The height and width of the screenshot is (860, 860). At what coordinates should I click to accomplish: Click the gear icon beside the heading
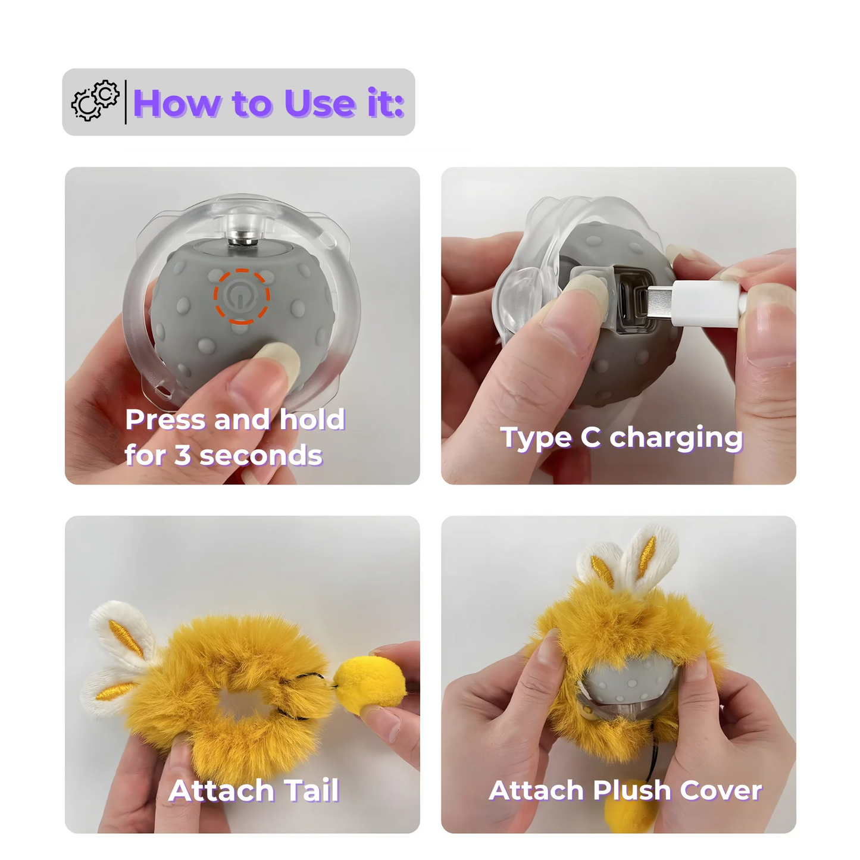(x=95, y=101)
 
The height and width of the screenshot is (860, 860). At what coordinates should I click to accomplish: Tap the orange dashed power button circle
(x=242, y=296)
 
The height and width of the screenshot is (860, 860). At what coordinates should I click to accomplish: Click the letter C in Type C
(x=590, y=437)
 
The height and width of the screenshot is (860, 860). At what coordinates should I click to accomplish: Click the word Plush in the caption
(x=632, y=791)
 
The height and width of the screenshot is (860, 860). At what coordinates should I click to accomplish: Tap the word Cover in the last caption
(x=721, y=791)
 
